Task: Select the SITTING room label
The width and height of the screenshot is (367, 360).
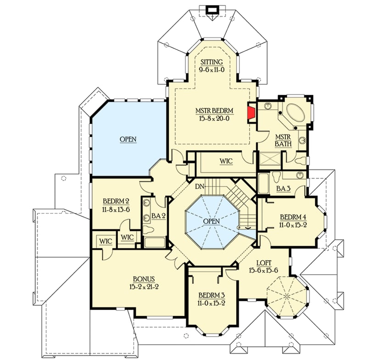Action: [211, 62]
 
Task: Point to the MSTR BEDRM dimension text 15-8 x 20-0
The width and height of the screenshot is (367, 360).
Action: [211, 118]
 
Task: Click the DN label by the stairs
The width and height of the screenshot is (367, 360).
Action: [199, 187]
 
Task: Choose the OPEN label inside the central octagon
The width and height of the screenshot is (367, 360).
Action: [211, 221]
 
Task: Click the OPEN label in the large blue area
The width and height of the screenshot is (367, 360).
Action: [128, 139]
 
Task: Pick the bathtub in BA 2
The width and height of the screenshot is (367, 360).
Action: [154, 242]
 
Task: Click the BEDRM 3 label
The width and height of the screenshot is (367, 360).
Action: [211, 295]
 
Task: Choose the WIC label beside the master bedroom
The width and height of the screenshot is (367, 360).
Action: [226, 161]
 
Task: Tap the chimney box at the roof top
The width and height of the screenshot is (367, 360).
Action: [212, 9]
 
